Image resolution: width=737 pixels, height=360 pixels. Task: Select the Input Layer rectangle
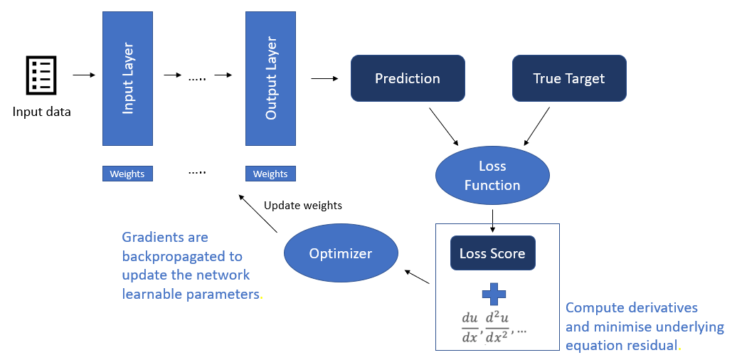point(127,78)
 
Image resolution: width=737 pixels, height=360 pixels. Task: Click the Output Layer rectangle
point(270,78)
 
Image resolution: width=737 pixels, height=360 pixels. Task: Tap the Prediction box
point(408,78)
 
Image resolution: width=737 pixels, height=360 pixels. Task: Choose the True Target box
point(569,78)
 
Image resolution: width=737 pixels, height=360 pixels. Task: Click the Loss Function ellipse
point(492,175)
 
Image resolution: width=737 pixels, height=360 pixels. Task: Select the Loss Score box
point(492,253)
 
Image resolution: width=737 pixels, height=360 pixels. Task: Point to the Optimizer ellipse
point(341,253)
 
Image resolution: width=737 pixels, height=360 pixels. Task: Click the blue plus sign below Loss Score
point(492,294)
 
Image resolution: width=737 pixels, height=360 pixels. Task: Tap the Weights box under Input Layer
point(127,174)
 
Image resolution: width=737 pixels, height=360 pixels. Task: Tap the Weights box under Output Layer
point(270,174)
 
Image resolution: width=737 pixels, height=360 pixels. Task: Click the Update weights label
point(303,206)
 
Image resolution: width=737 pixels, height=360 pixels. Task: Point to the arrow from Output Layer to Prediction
point(325,78)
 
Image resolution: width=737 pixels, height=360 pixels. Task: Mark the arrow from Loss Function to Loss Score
point(492,219)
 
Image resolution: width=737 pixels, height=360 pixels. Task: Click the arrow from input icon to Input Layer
point(83,75)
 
